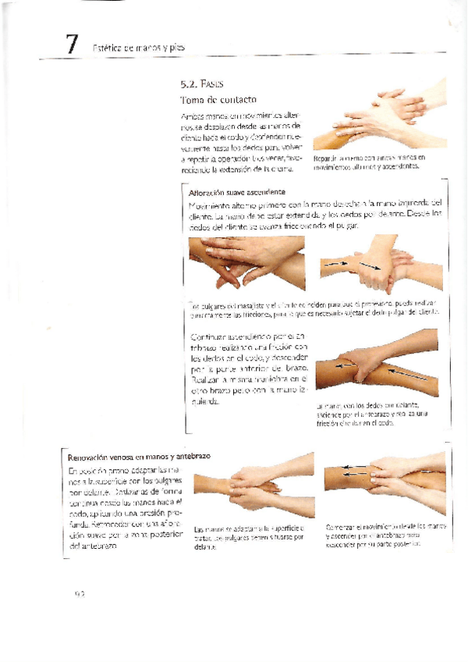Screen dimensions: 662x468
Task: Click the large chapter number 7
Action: tap(72, 45)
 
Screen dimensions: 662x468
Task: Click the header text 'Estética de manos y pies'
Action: tap(142, 48)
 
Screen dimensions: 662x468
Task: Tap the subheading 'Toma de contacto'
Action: tap(218, 100)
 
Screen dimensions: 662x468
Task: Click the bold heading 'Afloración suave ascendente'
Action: tap(236, 191)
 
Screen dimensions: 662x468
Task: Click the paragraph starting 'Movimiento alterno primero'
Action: tap(315, 215)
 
